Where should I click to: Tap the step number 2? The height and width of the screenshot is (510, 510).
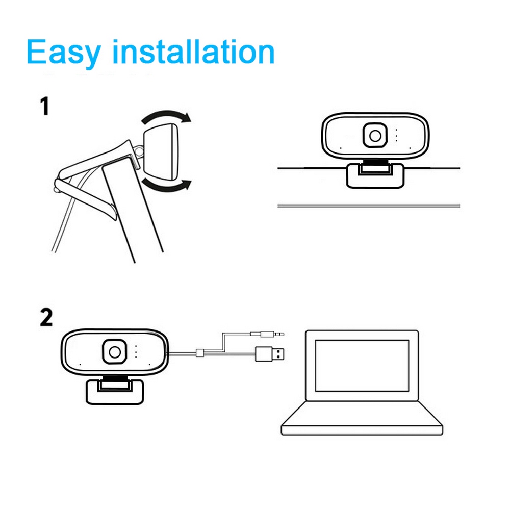(46, 317)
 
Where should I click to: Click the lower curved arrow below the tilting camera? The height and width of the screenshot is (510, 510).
(166, 186)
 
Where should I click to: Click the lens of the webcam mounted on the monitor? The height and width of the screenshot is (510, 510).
(376, 136)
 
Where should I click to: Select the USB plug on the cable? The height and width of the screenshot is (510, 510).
(270, 353)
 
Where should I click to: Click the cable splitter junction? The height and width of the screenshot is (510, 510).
(200, 352)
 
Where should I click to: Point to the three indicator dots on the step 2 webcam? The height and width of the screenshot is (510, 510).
(136, 352)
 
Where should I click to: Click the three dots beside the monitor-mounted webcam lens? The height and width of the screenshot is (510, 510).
(396, 135)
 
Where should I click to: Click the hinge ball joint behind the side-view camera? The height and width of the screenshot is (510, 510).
(139, 150)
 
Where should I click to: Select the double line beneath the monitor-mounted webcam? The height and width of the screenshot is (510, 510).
(367, 206)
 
